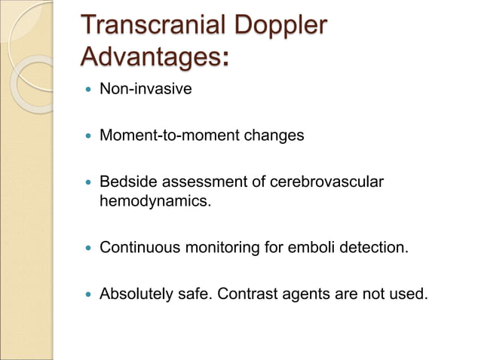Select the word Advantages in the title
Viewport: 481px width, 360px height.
tap(151, 56)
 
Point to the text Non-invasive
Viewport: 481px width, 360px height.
tap(146, 89)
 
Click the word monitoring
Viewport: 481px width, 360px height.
tap(220, 246)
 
